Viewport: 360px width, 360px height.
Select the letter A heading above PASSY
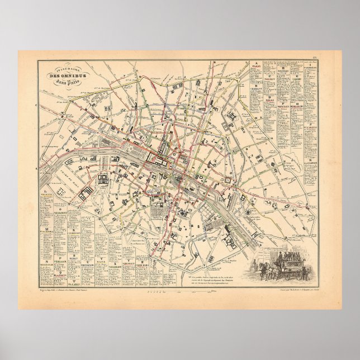coord(256,63)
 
